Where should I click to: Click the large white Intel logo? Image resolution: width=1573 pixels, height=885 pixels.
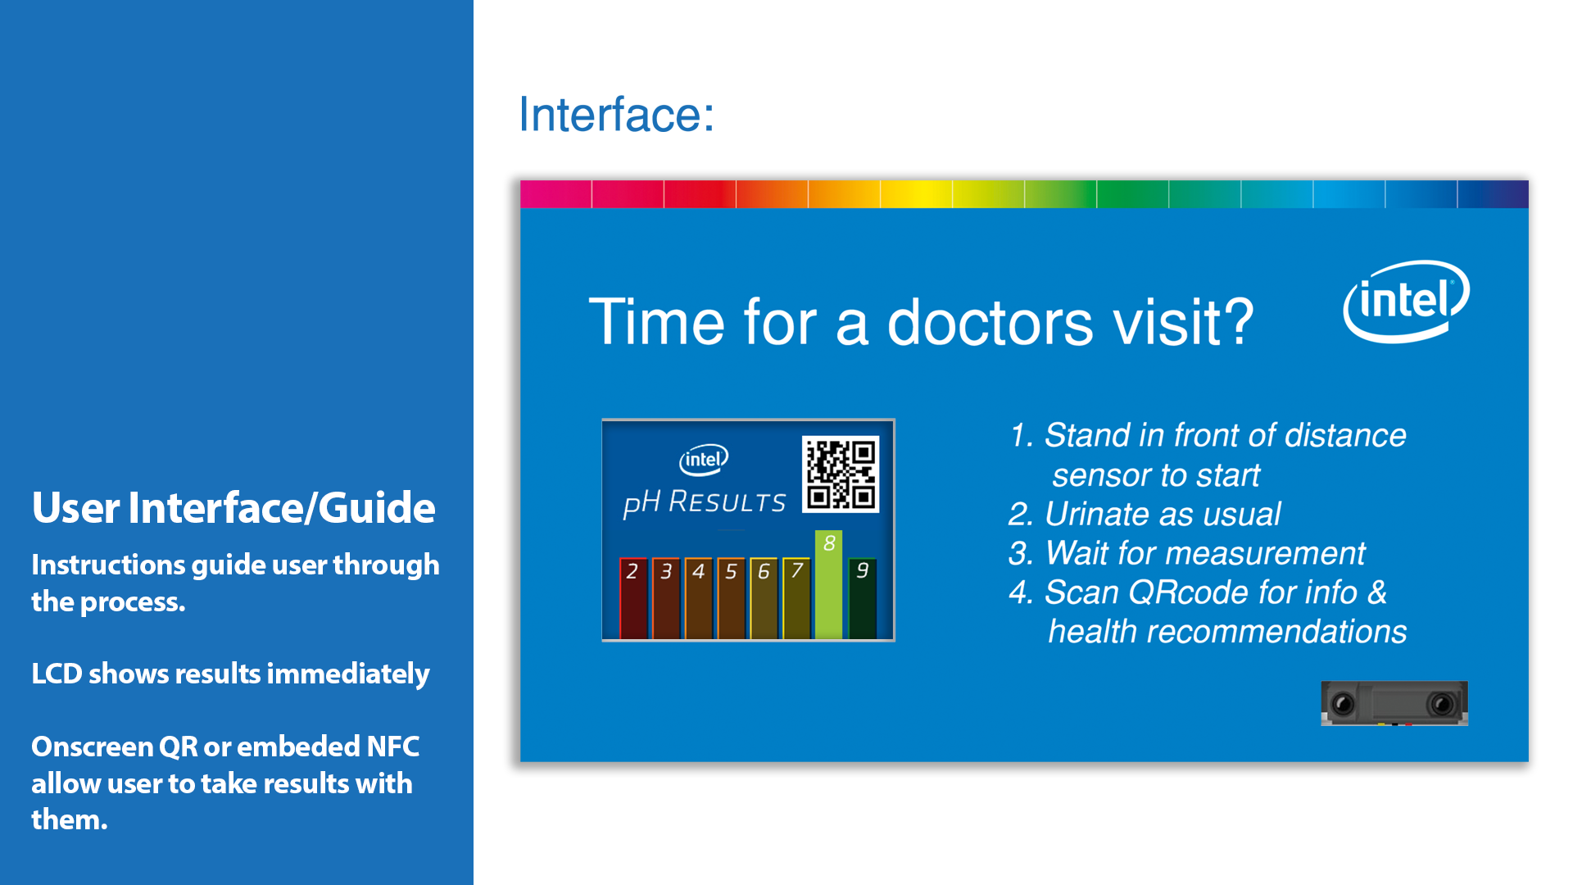(1406, 301)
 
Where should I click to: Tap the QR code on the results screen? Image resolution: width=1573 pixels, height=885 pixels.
(841, 474)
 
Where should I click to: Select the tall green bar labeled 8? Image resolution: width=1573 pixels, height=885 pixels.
(828, 584)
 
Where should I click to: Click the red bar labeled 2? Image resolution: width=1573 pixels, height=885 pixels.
(633, 598)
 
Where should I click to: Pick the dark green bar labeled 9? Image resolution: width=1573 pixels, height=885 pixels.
(862, 598)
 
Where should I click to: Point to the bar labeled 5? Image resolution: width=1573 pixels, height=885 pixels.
(731, 598)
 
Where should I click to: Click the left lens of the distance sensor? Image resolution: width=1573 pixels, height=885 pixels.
(1343, 704)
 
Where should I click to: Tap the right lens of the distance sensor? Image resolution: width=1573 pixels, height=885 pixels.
(1441, 704)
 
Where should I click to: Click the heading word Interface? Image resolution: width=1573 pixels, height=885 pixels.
(616, 114)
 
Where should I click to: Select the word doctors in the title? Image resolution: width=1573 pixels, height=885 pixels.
(990, 322)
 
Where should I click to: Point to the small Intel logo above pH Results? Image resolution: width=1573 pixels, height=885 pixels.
(704, 459)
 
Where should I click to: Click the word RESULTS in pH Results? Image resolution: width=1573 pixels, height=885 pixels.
(728, 501)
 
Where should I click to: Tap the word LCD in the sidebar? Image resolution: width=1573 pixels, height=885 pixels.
(57, 674)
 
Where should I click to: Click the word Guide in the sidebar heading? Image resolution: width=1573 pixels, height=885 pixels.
(376, 507)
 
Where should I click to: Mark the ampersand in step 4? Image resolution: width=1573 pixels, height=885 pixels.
(1377, 592)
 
